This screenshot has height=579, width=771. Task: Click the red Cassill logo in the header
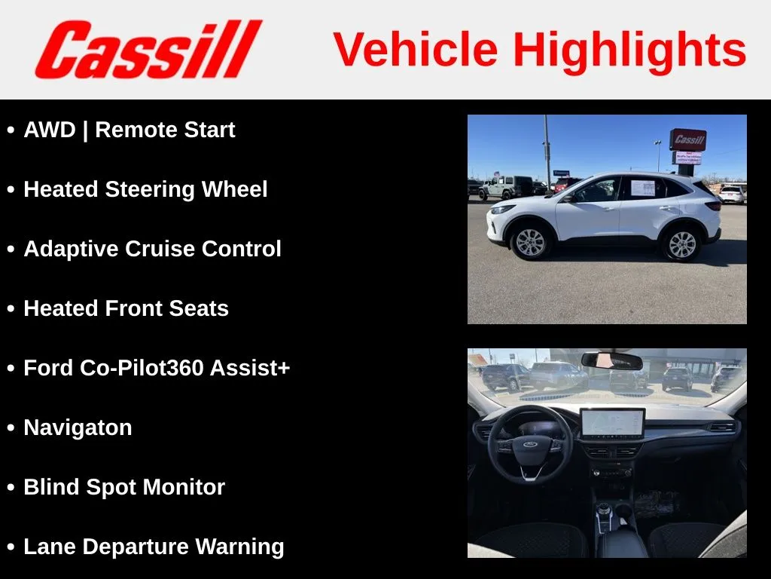coord(148,49)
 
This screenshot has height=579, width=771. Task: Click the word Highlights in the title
coord(630,51)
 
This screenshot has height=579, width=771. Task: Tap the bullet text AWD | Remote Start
coord(130,130)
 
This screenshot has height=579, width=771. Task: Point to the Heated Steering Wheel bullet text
coord(145,189)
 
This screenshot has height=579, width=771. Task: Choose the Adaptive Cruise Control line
coord(152,249)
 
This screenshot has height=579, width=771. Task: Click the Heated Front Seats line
coord(126,308)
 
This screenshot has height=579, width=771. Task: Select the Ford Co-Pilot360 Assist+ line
coord(157,368)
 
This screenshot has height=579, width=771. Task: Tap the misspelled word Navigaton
coord(78,428)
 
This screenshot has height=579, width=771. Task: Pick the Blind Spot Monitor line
coord(124,487)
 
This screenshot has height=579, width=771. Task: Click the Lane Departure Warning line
coord(154,547)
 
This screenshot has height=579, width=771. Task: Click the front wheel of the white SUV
coord(530,242)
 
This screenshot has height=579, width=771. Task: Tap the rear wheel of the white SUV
coord(682,244)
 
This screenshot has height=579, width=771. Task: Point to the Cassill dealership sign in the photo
coord(688,139)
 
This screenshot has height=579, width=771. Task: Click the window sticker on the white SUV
coord(643,188)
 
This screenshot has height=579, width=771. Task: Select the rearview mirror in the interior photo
coord(611,360)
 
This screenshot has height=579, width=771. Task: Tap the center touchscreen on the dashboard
coord(612,423)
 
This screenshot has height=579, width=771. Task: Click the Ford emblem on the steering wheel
coord(529,444)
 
